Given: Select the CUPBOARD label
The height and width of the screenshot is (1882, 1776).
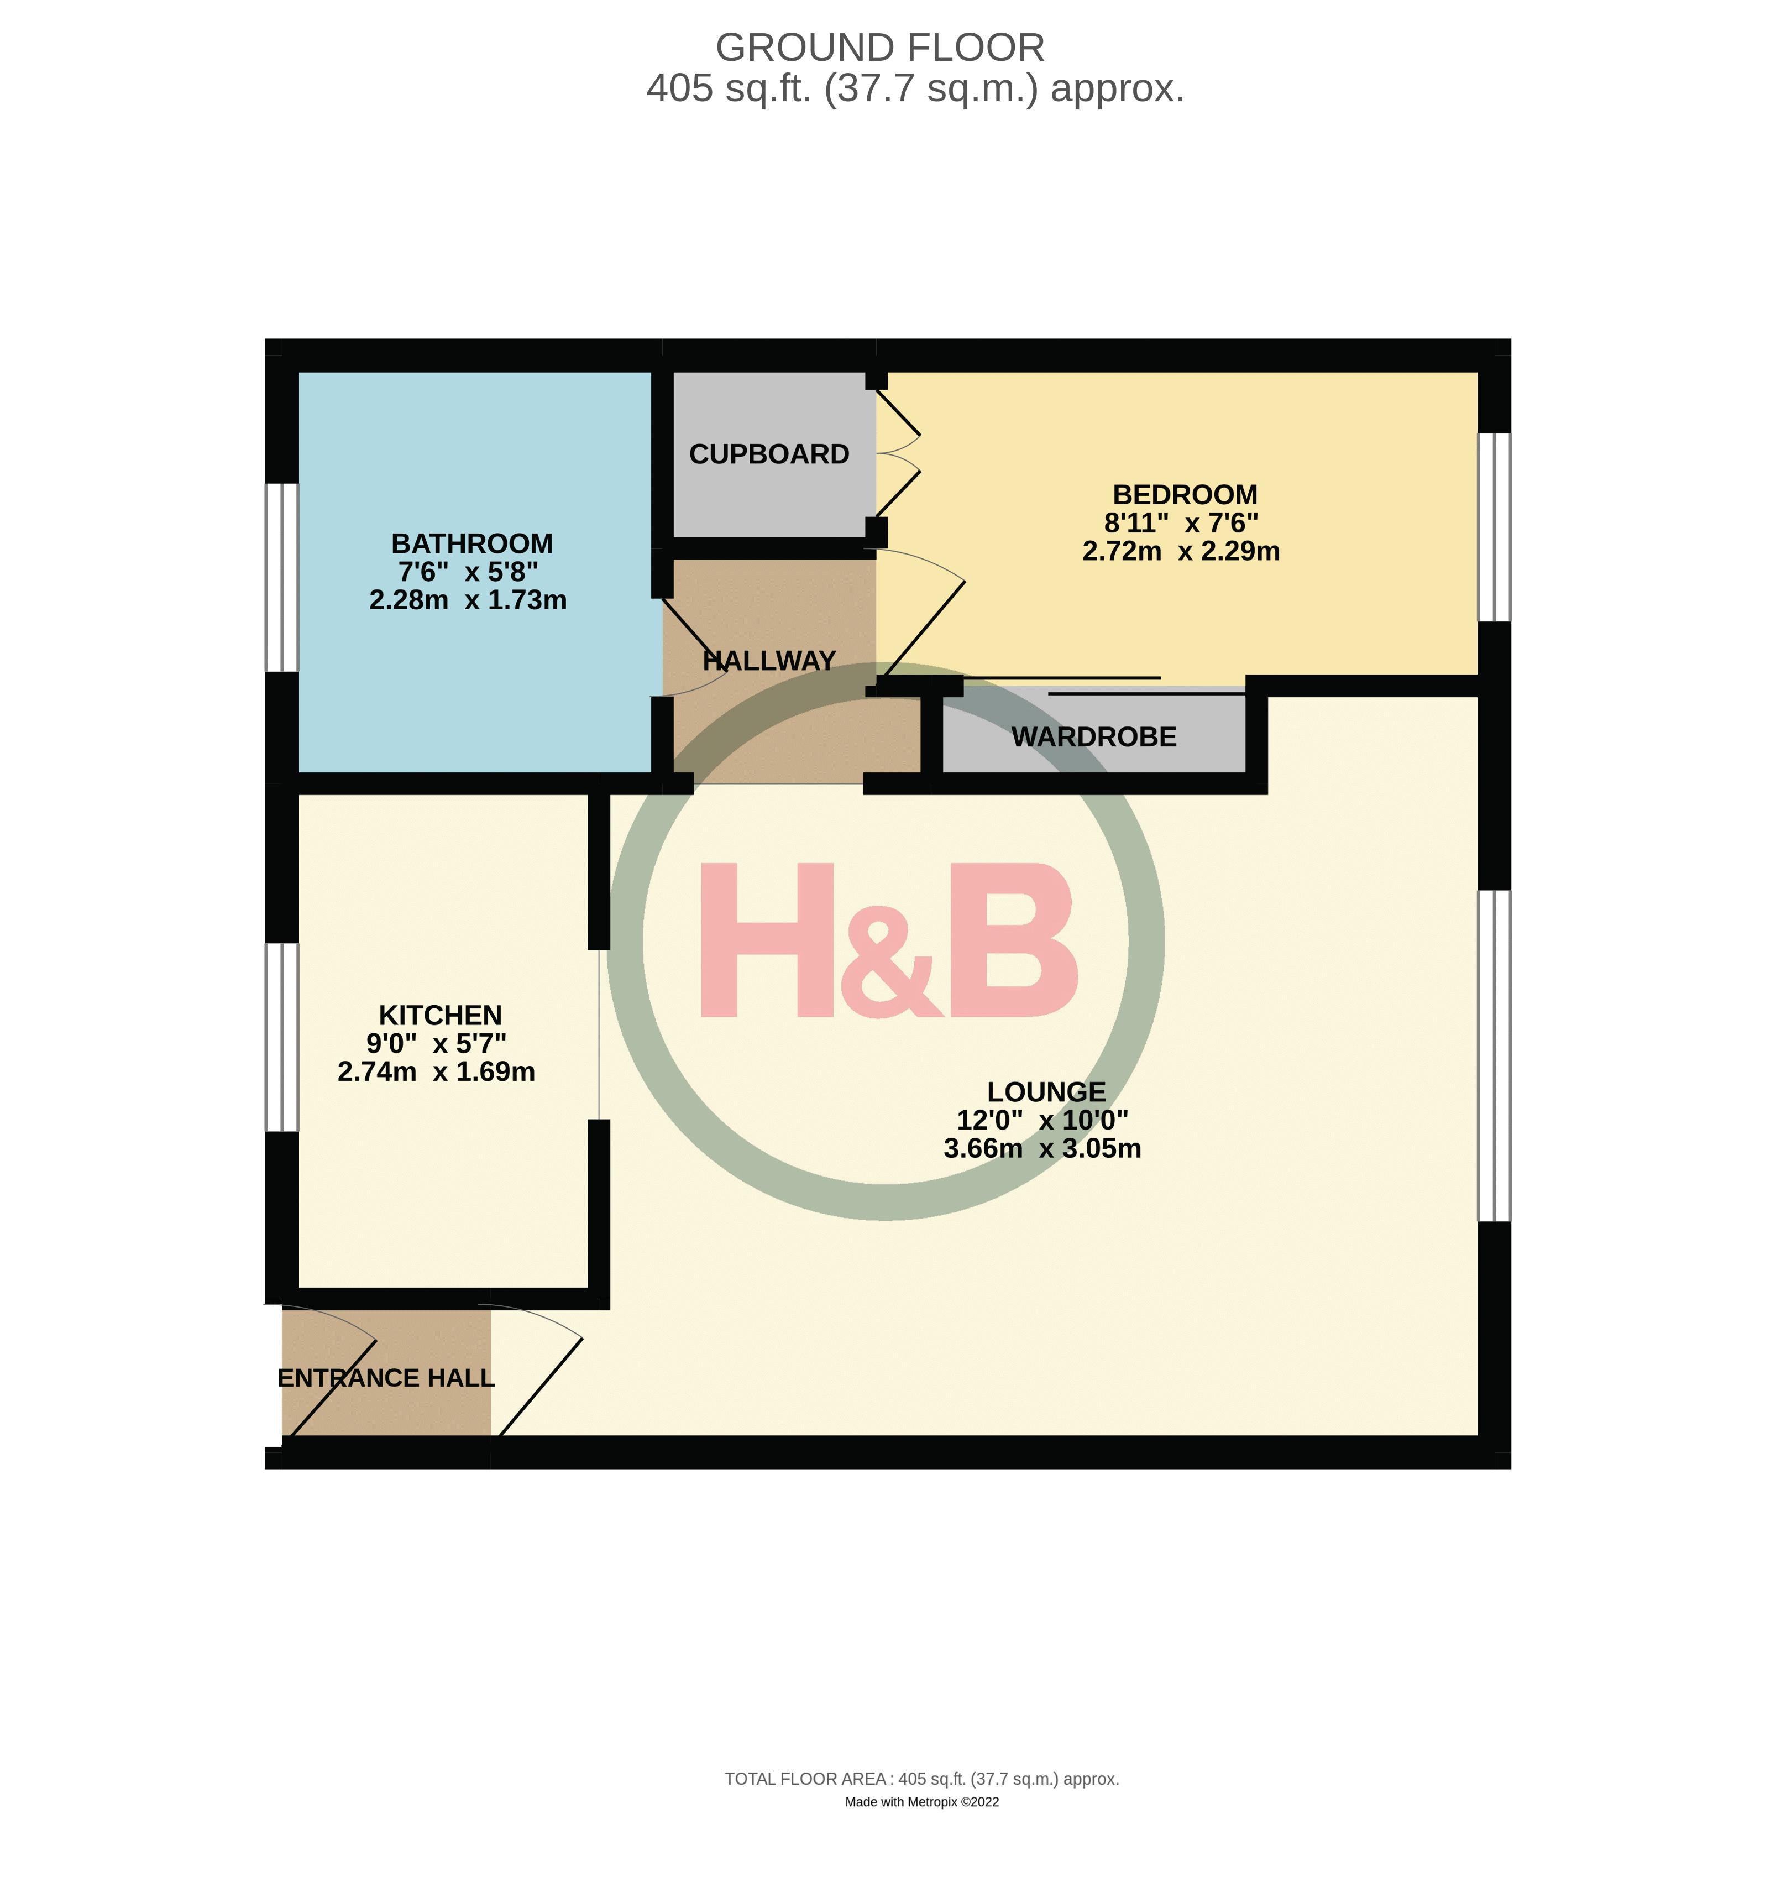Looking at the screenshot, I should click(x=769, y=454).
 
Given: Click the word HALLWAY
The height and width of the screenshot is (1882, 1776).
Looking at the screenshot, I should click(x=769, y=661).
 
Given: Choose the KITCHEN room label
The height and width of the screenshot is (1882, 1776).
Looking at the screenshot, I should click(x=440, y=1015).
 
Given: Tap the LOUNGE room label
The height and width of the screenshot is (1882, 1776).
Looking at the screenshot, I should click(x=1046, y=1091).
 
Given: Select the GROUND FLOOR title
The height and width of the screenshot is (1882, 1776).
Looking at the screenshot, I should click(x=879, y=48).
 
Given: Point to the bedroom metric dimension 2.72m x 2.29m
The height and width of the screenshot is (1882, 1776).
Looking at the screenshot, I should click(x=1181, y=551).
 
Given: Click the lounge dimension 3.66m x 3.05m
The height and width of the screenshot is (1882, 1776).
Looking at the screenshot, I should click(x=1042, y=1148).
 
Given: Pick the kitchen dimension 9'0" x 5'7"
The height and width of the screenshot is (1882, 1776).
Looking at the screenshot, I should click(x=437, y=1043).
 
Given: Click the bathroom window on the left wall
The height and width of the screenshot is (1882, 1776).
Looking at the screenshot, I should click(x=281, y=577).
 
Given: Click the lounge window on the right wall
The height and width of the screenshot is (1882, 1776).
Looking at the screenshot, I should click(x=1494, y=1055).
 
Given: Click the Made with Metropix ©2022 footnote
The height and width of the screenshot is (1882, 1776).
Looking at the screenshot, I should click(x=921, y=1801).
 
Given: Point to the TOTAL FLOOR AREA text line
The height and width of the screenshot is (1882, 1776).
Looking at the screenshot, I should click(x=921, y=1779).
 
